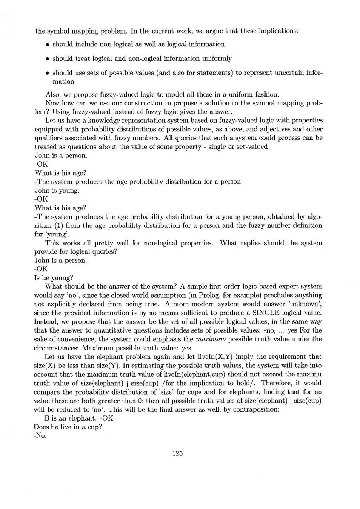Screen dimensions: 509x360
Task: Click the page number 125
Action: (177, 454)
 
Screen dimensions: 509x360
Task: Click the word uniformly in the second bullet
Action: (216, 59)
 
